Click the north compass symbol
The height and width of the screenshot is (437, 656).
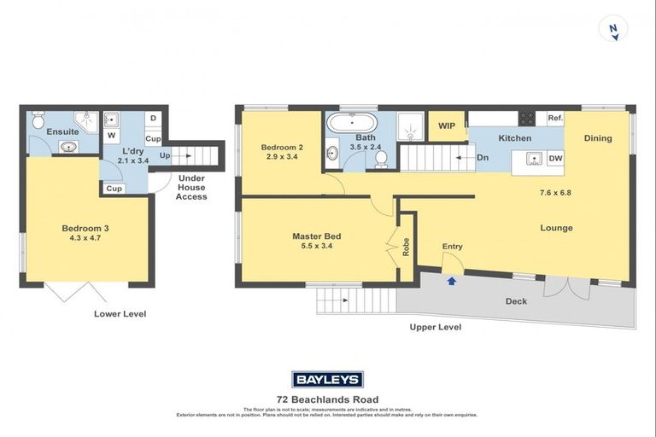[x=612, y=29]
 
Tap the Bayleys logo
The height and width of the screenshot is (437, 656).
[x=327, y=380]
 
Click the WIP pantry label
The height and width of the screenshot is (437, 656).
[x=446, y=127]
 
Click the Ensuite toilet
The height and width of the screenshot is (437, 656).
[x=37, y=121]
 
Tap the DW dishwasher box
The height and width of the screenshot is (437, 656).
[x=554, y=159]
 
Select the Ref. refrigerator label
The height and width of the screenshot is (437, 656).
[x=554, y=119]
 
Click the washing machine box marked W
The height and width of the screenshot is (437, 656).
[x=111, y=135]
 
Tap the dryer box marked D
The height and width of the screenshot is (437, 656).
[x=152, y=118]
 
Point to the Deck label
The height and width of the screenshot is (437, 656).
[x=516, y=301]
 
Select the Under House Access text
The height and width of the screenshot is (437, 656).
[x=191, y=187]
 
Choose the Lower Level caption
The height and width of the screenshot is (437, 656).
[x=120, y=314]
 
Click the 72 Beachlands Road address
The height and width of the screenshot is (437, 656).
[x=327, y=399]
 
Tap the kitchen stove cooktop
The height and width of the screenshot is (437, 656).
[x=528, y=119]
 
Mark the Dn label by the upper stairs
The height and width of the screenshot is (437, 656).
[x=483, y=157]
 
